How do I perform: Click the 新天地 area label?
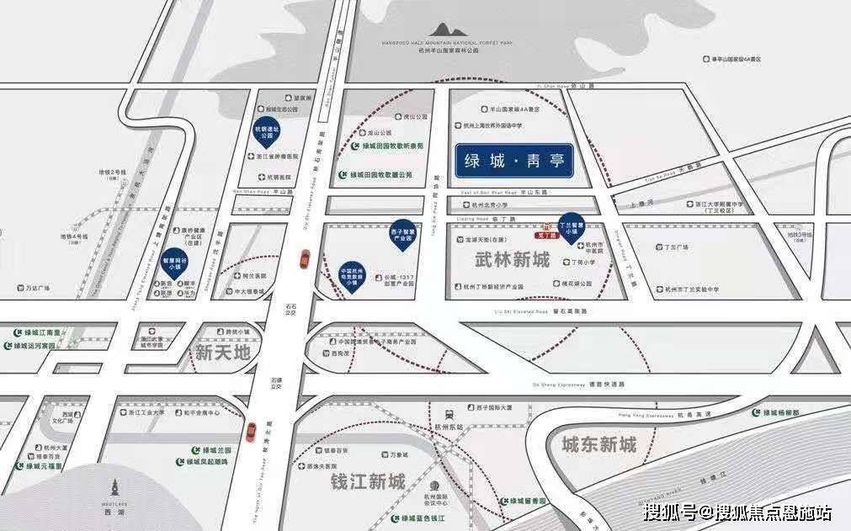click(x=222, y=353)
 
